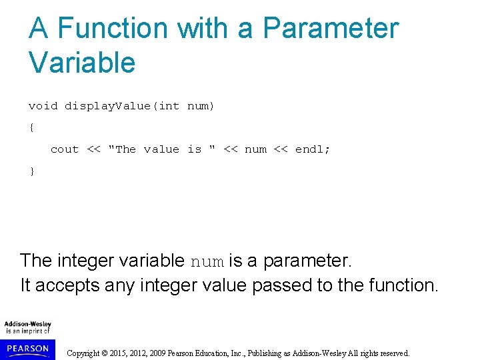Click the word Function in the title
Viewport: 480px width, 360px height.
pyautogui.click(x=112, y=28)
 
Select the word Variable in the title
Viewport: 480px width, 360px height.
pyautogui.click(x=82, y=63)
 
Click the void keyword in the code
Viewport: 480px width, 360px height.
pyautogui.click(x=43, y=106)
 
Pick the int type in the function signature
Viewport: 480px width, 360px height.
pyautogui.click(x=169, y=106)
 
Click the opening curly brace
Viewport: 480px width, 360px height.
pyautogui.click(x=31, y=127)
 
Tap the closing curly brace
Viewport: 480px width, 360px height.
pyautogui.click(x=31, y=171)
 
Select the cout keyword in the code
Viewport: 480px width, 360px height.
pyautogui.click(x=65, y=149)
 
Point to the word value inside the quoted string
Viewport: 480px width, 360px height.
pyautogui.click(x=161, y=149)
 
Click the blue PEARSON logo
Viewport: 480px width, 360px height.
pyautogui.click(x=28, y=348)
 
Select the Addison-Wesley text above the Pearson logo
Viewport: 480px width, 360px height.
pyautogui.click(x=27, y=324)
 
